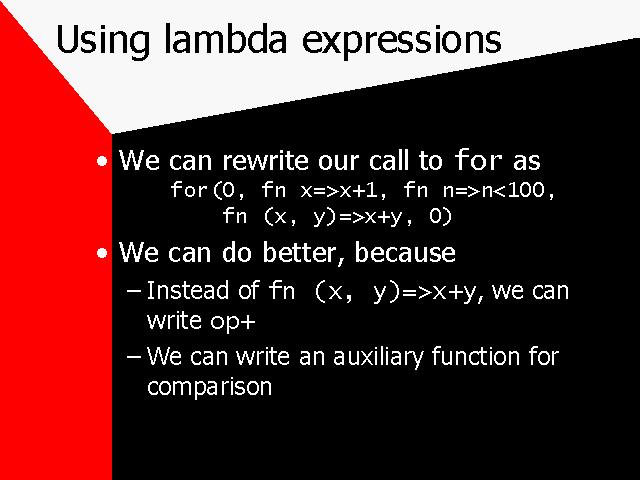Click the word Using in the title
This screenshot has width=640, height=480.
[103, 41]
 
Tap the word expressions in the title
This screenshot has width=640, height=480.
[402, 42]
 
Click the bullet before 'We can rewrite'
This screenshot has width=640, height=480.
[102, 161]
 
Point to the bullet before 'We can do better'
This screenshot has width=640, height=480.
[102, 253]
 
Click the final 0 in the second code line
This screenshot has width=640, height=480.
[436, 216]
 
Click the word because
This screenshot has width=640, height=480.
[405, 253]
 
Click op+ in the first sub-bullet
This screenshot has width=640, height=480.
[233, 322]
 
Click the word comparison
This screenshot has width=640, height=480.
[209, 387]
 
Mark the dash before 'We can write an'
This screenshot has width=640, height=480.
[134, 356]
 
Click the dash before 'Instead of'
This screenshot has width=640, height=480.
[134, 291]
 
